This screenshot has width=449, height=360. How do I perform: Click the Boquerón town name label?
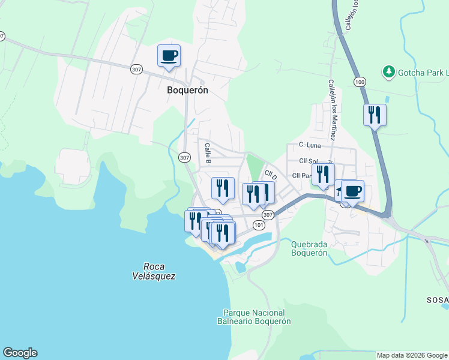(187, 90)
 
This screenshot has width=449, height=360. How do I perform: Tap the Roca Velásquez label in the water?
(146, 271)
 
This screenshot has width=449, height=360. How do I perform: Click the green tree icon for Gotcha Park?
(389, 73)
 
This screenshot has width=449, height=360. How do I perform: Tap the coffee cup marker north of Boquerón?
(169, 56)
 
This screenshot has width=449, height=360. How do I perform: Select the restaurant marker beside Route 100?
(375, 115)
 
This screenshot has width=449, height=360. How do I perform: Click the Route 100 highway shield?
(359, 81)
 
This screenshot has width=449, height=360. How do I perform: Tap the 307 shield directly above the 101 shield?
(268, 214)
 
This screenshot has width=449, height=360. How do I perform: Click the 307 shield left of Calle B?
(185, 157)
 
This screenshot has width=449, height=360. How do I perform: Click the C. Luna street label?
(310, 145)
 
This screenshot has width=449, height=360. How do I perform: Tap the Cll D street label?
(271, 175)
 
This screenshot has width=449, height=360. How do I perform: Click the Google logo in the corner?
(20, 353)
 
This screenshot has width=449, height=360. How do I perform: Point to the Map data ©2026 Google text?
(411, 355)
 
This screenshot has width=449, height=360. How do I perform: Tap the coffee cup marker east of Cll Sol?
(352, 191)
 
